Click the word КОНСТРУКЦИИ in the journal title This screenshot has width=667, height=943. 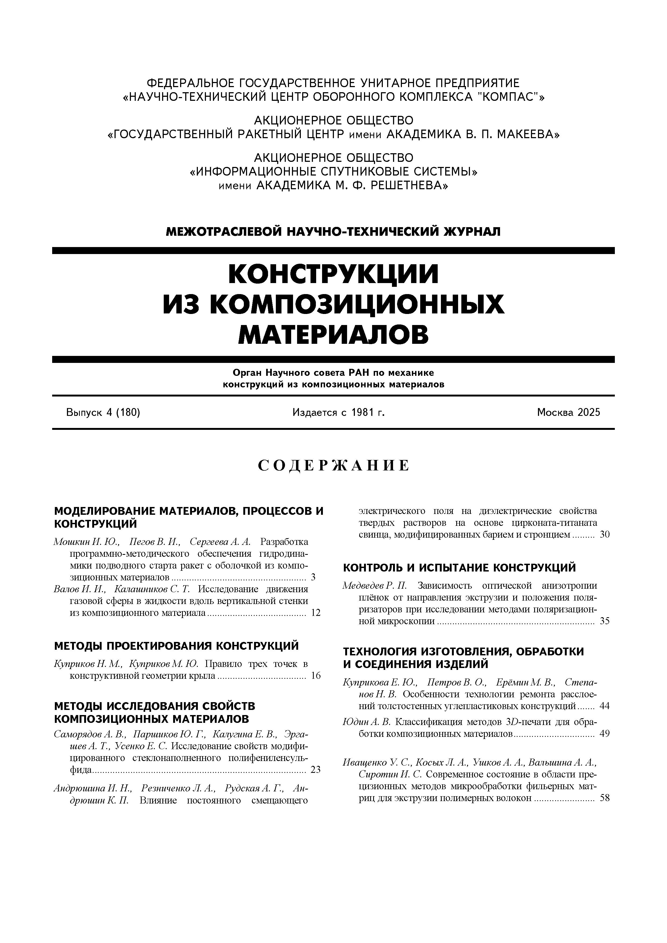coord(333,274)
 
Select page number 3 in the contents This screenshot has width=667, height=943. coord(313,577)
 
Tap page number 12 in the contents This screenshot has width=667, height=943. coord(315,613)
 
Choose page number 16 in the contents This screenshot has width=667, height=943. coord(315,676)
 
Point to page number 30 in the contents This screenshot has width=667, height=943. coord(605,535)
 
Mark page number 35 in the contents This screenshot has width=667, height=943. coord(605,621)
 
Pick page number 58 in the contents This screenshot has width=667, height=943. coord(605,798)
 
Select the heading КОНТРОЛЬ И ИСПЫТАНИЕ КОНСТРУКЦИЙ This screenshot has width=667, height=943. coord(459,568)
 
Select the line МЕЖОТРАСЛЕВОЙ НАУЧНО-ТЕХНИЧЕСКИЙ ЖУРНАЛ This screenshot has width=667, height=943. coord(333,232)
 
